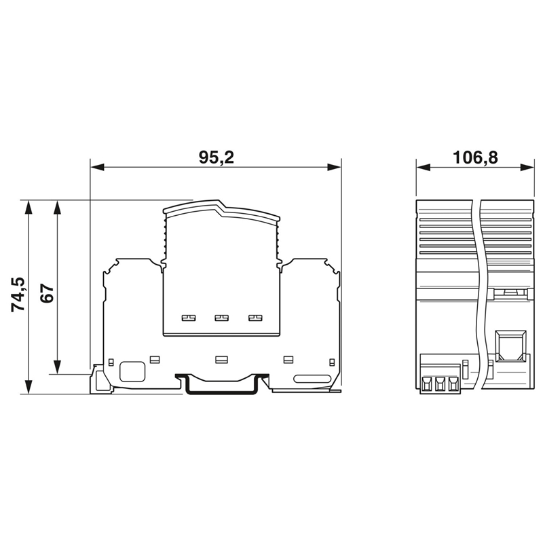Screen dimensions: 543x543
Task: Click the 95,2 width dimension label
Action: [x=217, y=157]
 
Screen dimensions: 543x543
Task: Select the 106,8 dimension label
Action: [x=475, y=157]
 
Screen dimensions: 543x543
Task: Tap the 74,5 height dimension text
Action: [x=18, y=295]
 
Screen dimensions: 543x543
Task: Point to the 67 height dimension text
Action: [x=48, y=294]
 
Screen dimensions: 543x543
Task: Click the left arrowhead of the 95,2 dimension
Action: [x=97, y=168]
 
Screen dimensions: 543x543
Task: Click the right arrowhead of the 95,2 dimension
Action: [x=334, y=168]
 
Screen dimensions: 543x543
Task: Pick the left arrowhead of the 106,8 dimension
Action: [x=423, y=168]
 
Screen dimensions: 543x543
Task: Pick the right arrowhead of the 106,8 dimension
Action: [x=527, y=168]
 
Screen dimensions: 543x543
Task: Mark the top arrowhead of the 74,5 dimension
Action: [x=29, y=207]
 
